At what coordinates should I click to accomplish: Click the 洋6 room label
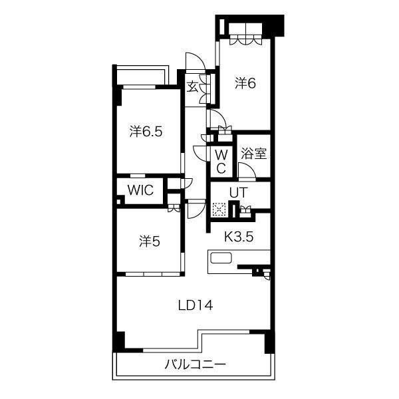(x=245, y=83)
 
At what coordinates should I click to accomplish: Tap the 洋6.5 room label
(x=146, y=132)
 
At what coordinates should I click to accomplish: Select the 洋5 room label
(x=150, y=241)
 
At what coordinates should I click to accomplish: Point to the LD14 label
(x=196, y=305)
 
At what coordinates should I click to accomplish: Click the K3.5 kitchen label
(x=239, y=237)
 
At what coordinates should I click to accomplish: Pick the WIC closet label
(x=140, y=190)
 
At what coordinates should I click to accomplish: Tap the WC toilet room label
(x=221, y=162)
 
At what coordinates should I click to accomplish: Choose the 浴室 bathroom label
(x=254, y=153)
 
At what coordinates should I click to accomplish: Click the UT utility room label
(x=239, y=193)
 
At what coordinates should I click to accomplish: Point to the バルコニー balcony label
(x=195, y=365)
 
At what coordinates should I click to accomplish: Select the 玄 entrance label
(x=192, y=86)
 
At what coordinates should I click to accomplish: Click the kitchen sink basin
(x=221, y=258)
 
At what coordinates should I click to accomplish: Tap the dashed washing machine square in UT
(x=219, y=209)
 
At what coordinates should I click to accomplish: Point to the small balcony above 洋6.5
(x=142, y=75)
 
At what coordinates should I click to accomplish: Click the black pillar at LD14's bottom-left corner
(x=119, y=342)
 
